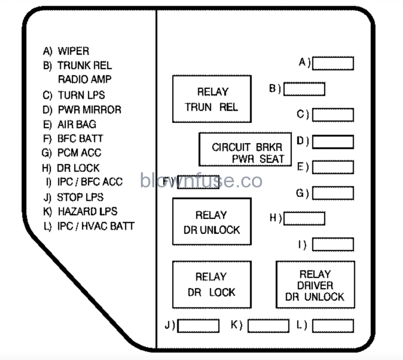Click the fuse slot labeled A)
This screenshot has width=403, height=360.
tap(333, 63)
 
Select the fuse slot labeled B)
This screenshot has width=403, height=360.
tap(304, 89)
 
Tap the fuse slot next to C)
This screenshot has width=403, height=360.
tap(333, 115)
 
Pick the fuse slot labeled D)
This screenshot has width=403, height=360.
tap(333, 142)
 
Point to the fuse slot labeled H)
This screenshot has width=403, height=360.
tap(304, 218)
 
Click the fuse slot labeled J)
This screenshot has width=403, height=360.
tap(198, 326)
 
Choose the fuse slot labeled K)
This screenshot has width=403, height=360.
tap(268, 326)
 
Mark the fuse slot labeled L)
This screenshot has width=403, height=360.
tap(333, 326)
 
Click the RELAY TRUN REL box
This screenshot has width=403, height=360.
tap(212, 99)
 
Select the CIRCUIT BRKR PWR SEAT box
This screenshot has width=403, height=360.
tap(245, 150)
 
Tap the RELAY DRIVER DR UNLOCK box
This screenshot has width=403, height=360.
tap(315, 284)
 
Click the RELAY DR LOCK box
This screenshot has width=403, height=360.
tap(212, 284)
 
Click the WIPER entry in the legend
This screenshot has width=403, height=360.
tap(73, 51)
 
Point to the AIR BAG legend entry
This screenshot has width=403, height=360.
tap(77, 124)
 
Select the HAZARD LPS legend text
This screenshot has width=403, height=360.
tap(87, 211)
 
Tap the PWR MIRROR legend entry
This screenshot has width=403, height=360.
tap(89, 110)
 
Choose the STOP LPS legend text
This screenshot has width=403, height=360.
tap(80, 197)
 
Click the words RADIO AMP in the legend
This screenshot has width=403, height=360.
tap(85, 79)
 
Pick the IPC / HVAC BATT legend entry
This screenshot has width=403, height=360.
tap(96, 226)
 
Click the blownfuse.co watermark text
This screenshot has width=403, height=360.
tap(201, 181)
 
